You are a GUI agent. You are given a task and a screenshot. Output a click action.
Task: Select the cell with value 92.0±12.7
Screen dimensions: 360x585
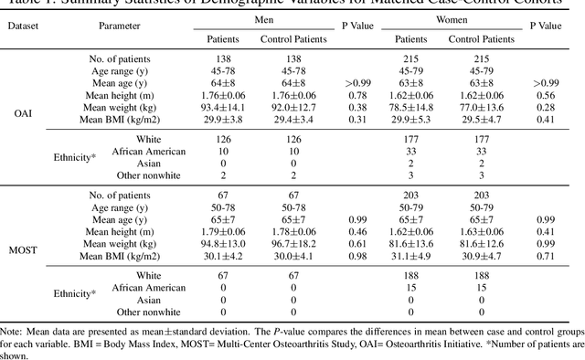[x=293, y=106]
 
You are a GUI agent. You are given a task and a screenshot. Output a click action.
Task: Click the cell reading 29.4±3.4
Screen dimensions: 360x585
[x=293, y=118]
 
